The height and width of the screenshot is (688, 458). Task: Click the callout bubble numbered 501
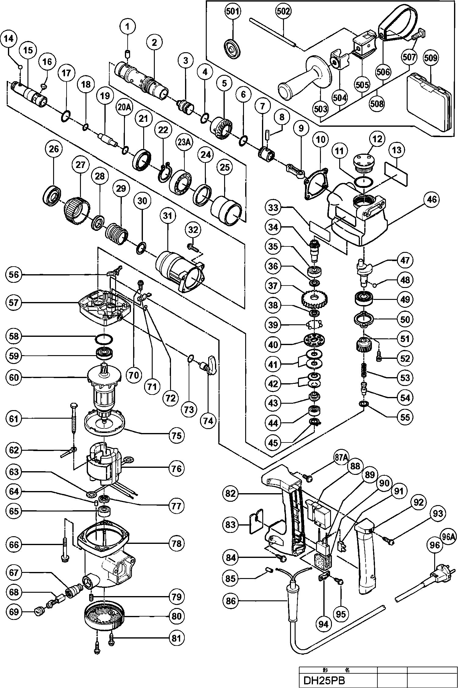233,12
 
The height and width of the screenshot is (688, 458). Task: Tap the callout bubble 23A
183,142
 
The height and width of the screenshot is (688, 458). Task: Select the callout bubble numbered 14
9,39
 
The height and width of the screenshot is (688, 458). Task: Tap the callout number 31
168,216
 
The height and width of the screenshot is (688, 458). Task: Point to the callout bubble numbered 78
177,543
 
